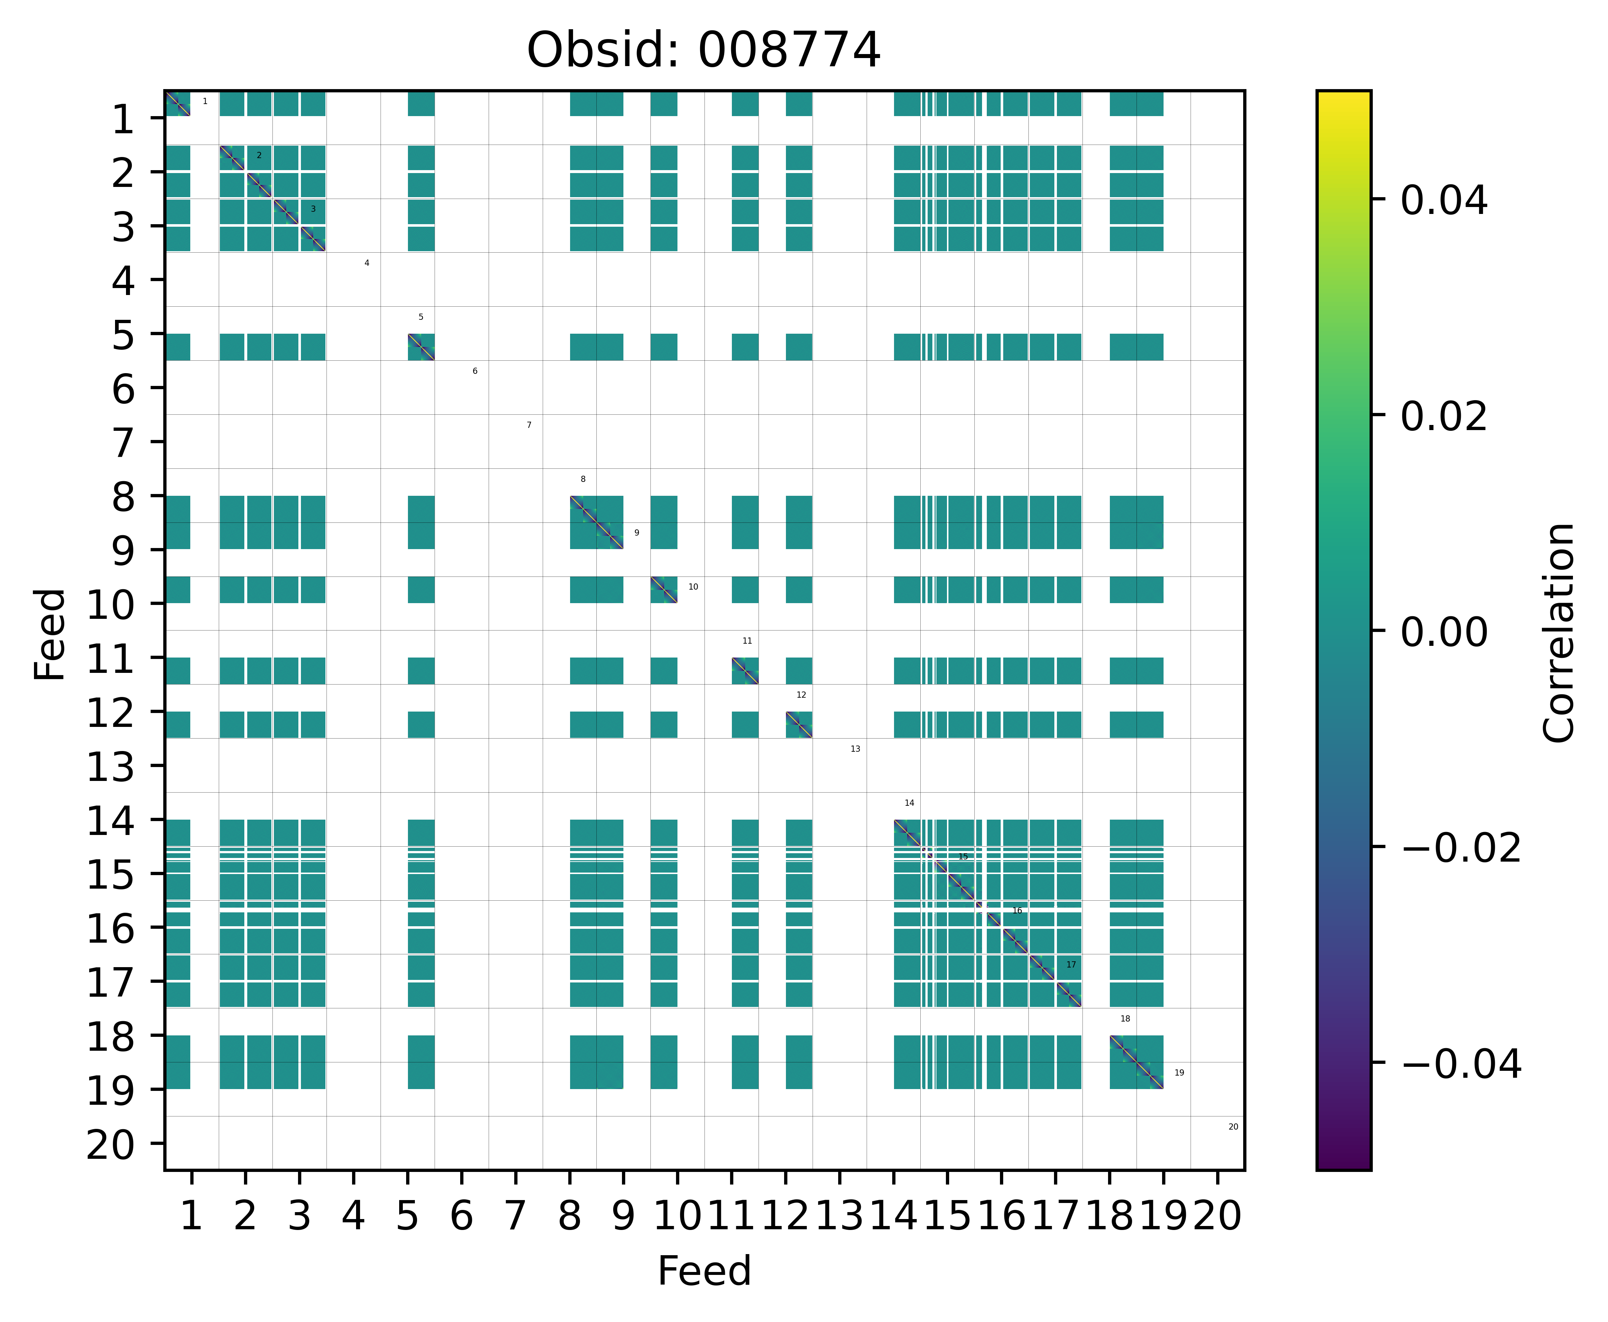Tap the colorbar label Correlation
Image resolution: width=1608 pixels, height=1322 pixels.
click(1558, 632)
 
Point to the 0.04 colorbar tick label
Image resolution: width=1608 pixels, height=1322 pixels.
click(1443, 201)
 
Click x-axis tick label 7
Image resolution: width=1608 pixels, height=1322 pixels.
click(516, 1216)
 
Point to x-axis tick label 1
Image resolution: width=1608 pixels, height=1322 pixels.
click(191, 1216)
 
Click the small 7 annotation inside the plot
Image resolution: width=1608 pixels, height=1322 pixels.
click(529, 425)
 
